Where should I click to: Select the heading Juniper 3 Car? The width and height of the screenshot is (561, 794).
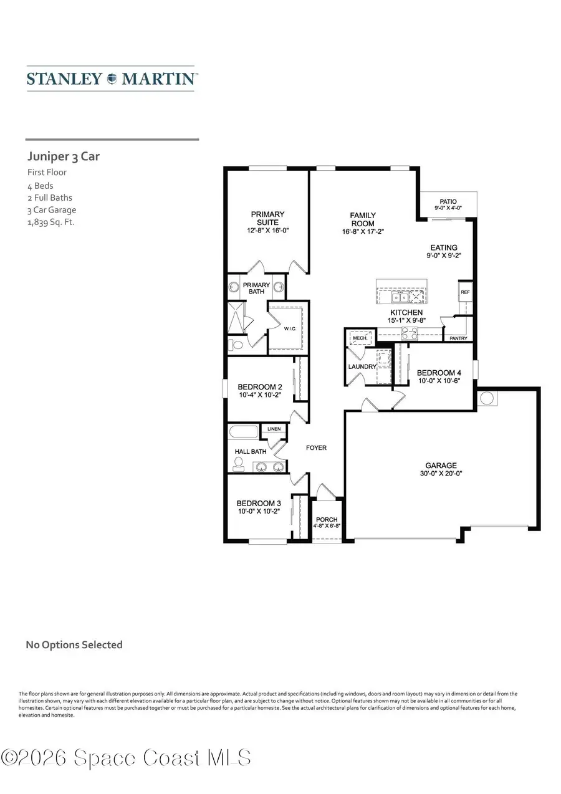click(63, 156)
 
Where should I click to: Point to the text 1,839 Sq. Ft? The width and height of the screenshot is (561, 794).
click(50, 222)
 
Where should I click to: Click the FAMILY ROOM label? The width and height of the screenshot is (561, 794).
click(362, 219)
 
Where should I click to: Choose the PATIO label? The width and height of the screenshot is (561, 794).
click(448, 202)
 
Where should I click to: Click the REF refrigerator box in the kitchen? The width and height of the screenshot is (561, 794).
click(465, 292)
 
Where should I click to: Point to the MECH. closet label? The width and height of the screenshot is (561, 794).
click(360, 338)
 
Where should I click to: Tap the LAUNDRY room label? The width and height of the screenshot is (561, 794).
click(362, 366)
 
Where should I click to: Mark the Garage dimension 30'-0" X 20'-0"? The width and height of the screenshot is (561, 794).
click(441, 474)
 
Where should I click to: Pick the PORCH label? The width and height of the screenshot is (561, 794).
click(327, 520)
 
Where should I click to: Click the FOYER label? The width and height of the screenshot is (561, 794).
click(316, 447)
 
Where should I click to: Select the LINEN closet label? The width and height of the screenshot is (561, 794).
click(274, 429)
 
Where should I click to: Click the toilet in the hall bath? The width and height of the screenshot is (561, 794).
click(237, 463)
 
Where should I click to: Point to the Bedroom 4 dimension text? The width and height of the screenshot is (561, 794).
click(438, 381)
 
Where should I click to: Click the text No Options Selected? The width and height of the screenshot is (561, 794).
click(74, 645)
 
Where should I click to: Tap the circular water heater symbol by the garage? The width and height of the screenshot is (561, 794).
click(486, 398)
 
